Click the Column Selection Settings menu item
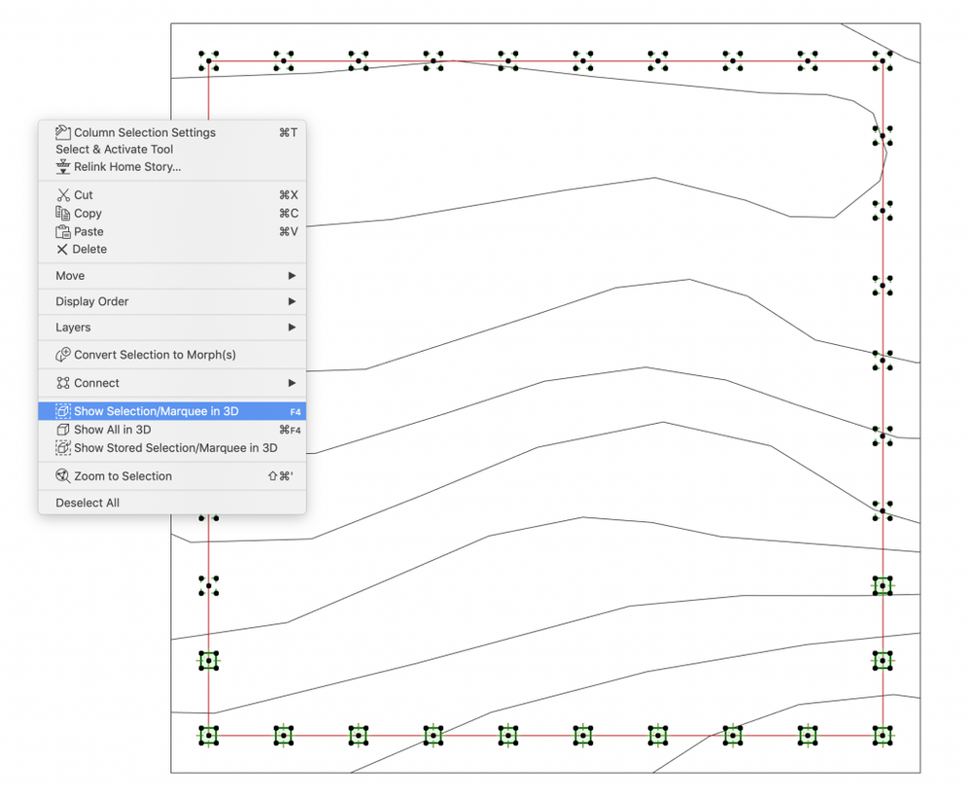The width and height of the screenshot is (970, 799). click(144, 132)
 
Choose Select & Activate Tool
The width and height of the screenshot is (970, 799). click(115, 150)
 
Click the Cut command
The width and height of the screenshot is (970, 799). click(84, 195)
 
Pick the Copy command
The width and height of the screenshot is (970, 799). click(87, 214)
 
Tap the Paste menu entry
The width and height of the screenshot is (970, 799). click(88, 232)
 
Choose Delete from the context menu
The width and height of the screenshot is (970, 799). click(89, 250)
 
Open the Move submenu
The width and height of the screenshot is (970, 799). click(70, 276)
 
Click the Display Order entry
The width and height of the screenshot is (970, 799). click(92, 301)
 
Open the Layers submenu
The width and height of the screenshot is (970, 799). click(73, 328)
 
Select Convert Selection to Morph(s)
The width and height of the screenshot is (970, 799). click(155, 355)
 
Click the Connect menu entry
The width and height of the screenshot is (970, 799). click(96, 383)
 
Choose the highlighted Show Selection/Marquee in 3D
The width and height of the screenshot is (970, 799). click(156, 411)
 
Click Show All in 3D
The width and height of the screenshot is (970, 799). click(112, 430)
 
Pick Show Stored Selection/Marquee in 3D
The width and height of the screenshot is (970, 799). click(175, 448)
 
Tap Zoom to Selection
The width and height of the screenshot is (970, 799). click(122, 476)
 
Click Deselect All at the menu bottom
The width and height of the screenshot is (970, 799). click(87, 503)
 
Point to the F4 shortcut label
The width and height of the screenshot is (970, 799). click(295, 412)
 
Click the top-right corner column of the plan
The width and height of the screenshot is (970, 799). click(882, 60)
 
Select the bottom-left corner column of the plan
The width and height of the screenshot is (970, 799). click(208, 735)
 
